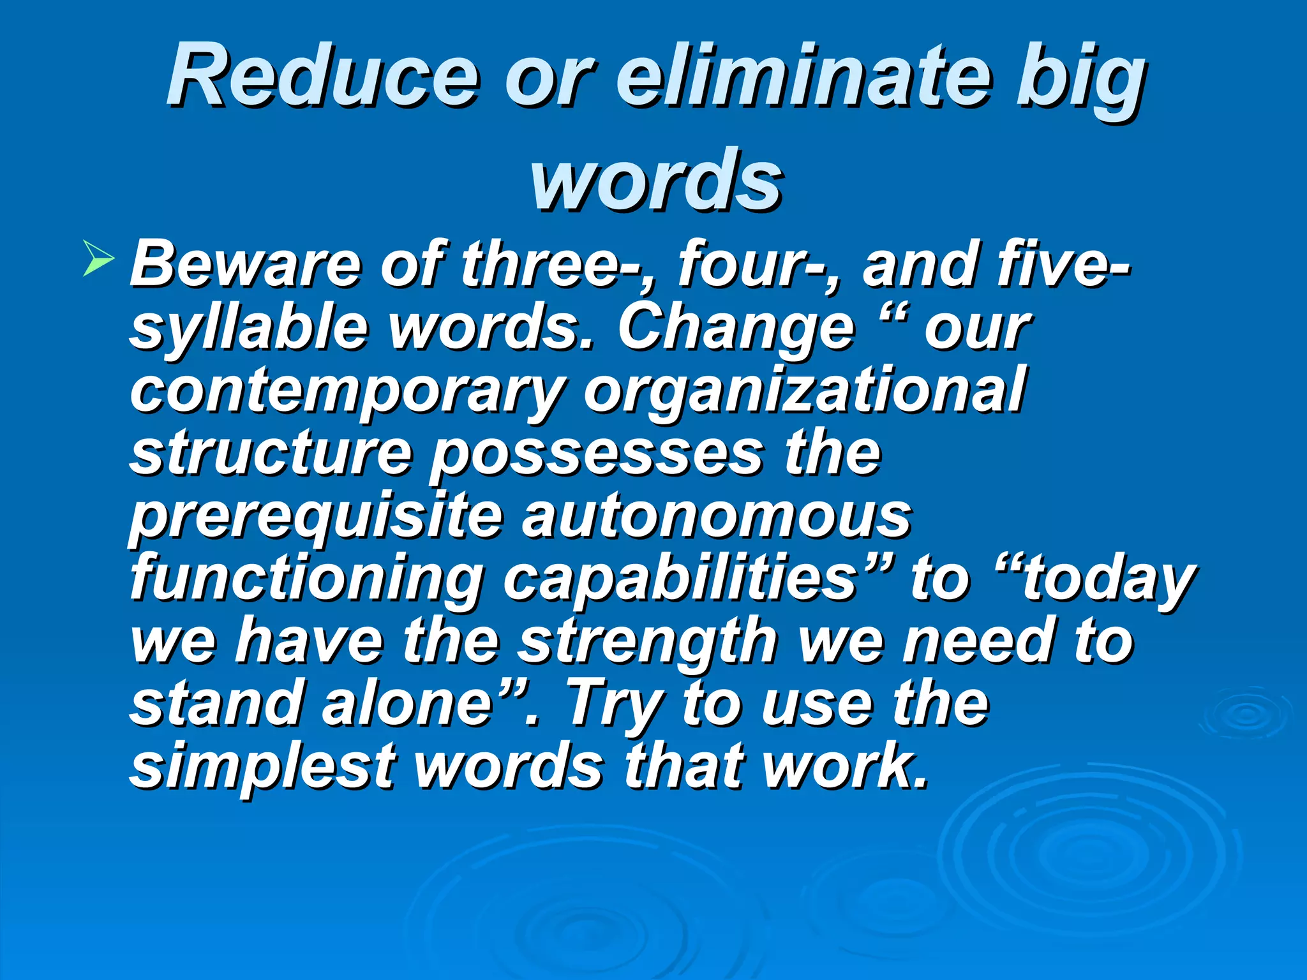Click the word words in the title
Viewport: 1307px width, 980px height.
coord(656,180)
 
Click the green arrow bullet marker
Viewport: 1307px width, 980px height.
coord(98,261)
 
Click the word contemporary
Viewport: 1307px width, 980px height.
coord(348,390)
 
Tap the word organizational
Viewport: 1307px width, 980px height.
coord(804,390)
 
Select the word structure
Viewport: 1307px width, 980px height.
coord(271,453)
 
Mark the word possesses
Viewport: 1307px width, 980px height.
coord(597,454)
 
